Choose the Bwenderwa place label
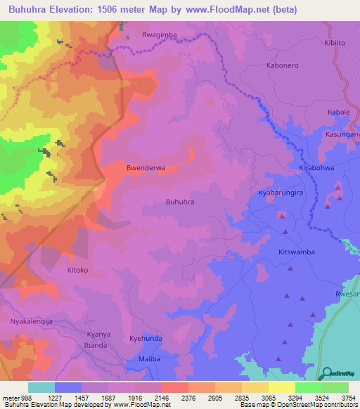[x=146, y=168]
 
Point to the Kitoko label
[x=77, y=270]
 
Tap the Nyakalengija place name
[x=32, y=321]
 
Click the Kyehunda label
[x=146, y=339]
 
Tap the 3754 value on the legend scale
[x=348, y=398]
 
